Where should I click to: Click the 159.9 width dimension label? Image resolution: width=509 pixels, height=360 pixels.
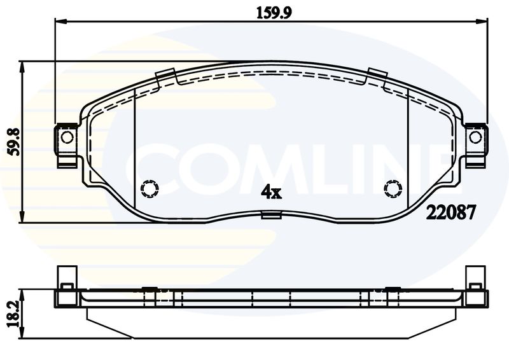274,13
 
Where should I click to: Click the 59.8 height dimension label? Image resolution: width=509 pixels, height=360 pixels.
15,142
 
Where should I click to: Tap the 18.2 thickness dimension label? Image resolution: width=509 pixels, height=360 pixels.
14,314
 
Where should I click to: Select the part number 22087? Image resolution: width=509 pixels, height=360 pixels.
450,213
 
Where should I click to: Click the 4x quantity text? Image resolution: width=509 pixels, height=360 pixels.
272,193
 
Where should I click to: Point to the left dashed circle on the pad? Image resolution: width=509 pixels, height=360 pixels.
150,188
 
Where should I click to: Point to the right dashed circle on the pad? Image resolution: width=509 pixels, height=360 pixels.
393,189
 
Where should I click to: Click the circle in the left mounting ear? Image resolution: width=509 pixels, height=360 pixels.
67,137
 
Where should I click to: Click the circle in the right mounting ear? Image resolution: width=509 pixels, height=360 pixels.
475,137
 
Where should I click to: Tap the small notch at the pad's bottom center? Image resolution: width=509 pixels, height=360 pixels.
271,215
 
